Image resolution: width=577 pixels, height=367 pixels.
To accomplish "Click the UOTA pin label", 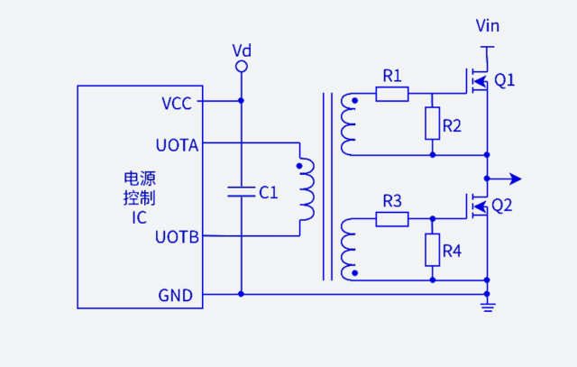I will (x=178, y=144).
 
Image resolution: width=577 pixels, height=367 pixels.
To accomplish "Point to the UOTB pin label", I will (x=178, y=238).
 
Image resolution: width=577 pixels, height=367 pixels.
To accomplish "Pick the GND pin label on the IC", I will (x=175, y=295).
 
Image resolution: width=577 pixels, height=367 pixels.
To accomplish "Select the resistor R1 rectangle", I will (x=391, y=93).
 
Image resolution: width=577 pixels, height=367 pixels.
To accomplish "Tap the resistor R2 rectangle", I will (x=433, y=124).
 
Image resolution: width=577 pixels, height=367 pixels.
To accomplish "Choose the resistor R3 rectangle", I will (x=391, y=218).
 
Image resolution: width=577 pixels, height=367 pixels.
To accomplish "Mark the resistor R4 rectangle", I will (x=433, y=249).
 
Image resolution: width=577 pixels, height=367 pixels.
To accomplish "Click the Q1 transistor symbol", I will (x=477, y=82).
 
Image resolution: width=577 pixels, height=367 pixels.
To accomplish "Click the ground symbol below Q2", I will (x=488, y=309).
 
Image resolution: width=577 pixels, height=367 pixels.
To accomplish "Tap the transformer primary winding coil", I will (x=307, y=190).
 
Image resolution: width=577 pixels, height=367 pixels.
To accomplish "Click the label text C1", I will (x=269, y=192).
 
